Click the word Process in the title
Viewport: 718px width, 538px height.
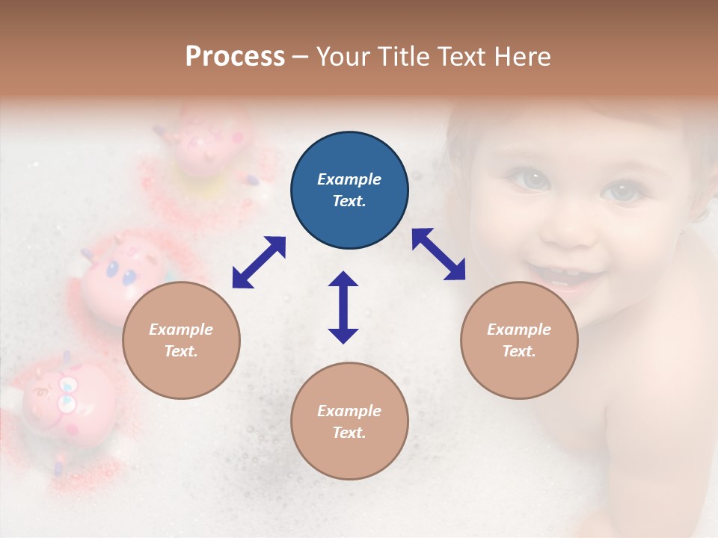[x=235, y=57]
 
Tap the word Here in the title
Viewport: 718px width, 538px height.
[x=521, y=57]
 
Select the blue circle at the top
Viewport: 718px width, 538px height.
[x=349, y=191]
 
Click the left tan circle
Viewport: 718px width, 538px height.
[x=181, y=341]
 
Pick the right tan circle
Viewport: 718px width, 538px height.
[x=519, y=341]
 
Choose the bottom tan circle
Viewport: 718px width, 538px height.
[x=349, y=421]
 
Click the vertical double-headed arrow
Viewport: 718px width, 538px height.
[x=343, y=307]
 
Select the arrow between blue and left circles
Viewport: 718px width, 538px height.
[x=259, y=262]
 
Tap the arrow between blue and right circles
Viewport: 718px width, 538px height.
[x=438, y=254]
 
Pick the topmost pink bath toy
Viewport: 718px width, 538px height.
[x=202, y=142]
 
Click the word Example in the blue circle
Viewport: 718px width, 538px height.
[x=349, y=179]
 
